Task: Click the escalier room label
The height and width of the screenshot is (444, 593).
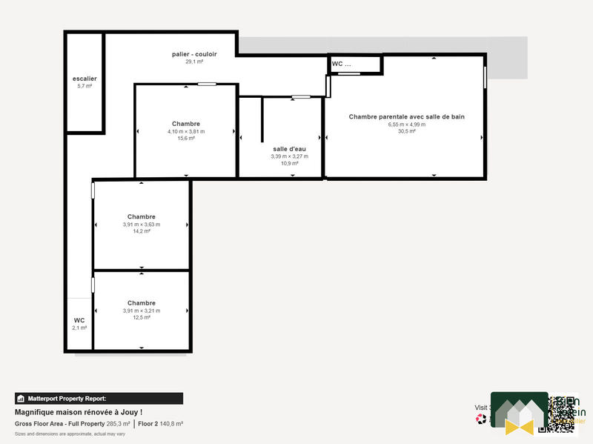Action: pyautogui.click(x=85, y=79)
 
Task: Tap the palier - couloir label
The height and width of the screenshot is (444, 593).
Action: pyautogui.click(x=194, y=54)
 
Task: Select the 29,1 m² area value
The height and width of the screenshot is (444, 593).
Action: pyautogui.click(x=194, y=62)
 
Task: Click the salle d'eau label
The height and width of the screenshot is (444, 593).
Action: pyautogui.click(x=289, y=149)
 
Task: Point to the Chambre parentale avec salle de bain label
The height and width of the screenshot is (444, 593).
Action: pyautogui.click(x=407, y=116)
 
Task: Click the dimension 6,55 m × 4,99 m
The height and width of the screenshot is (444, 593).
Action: pyautogui.click(x=407, y=125)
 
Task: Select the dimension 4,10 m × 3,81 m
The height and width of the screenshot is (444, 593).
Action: pyautogui.click(x=186, y=131)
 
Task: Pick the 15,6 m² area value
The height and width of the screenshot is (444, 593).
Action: pyautogui.click(x=186, y=139)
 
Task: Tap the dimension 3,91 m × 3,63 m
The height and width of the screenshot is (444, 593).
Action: pyautogui.click(x=141, y=225)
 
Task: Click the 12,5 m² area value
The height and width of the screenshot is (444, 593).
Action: pyautogui.click(x=141, y=317)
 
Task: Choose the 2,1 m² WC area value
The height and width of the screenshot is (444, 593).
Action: pyautogui.click(x=79, y=328)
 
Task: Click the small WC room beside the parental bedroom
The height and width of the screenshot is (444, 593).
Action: pyautogui.click(x=354, y=64)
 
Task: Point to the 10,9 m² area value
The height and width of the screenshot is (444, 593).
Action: pyautogui.click(x=289, y=163)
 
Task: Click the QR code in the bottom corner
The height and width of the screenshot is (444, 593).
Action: pyautogui.click(x=560, y=413)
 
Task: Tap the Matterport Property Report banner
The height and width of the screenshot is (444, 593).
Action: pyautogui.click(x=99, y=398)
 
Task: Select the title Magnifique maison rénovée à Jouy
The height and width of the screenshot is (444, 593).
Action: pyautogui.click(x=79, y=412)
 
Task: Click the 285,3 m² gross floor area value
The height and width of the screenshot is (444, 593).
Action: pyautogui.click(x=118, y=424)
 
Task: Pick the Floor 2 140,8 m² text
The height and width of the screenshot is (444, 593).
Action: pyautogui.click(x=161, y=424)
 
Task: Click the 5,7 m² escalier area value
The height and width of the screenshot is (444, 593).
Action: pyautogui.click(x=85, y=87)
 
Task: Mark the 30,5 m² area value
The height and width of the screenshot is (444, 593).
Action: pyautogui.click(x=407, y=132)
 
